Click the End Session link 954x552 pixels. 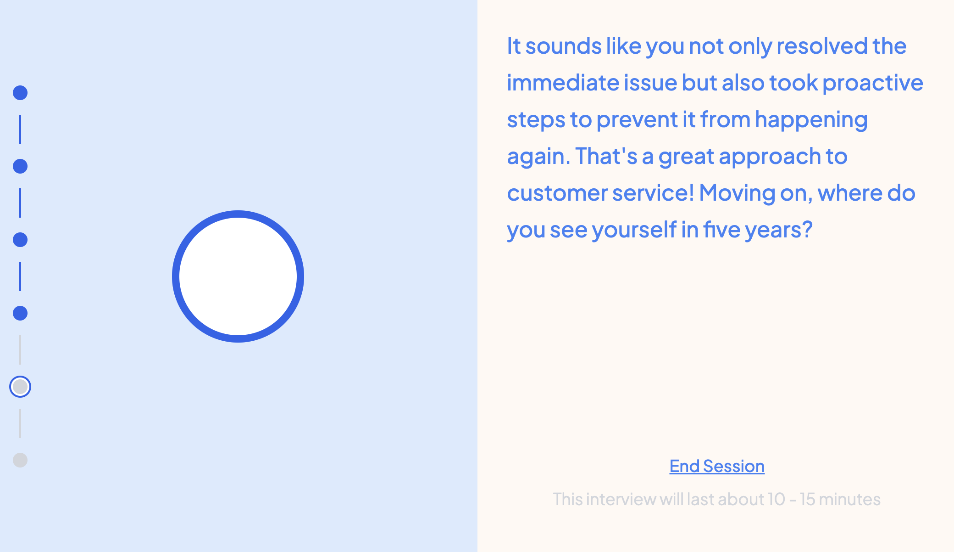coord(717,466)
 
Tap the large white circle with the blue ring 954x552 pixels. coord(238,276)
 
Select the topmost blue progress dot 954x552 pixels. coord(20,93)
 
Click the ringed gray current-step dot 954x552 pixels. coord(20,387)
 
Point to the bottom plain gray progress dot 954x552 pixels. coord(20,460)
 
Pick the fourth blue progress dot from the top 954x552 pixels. coord(20,313)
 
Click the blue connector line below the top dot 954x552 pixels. coord(20,130)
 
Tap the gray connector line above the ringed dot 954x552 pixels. coord(20,350)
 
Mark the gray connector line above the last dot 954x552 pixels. coord(20,423)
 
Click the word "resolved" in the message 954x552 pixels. coord(822,46)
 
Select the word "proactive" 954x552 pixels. coord(873,83)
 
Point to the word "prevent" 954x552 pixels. coord(637,120)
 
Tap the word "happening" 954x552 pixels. coord(811,120)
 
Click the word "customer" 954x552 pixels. coord(557,193)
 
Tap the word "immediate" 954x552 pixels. coord(563,83)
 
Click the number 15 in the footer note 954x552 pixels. coord(807,499)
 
